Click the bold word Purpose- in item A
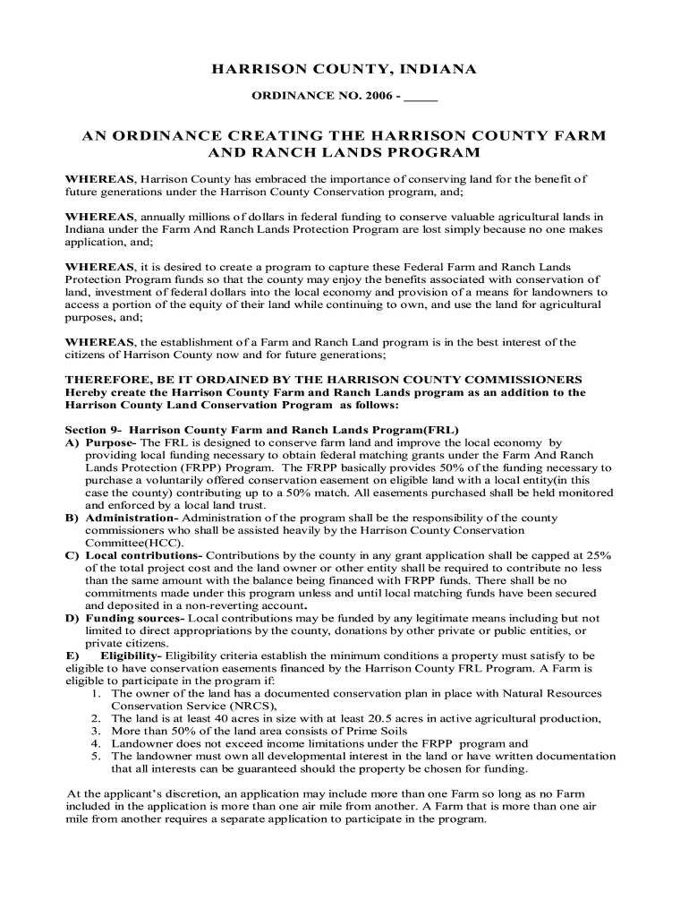click(111, 442)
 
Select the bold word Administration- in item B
click(132, 518)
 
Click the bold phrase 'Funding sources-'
click(134, 618)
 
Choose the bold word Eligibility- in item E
click(137, 656)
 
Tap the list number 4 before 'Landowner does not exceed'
click(95, 743)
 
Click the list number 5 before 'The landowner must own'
click(95, 756)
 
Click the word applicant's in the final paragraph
click(159, 793)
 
